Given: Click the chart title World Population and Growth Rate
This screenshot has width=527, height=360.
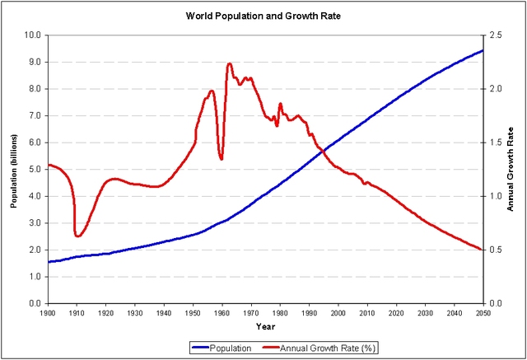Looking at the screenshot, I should [263, 16].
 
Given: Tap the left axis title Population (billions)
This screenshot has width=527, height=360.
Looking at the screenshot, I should [14, 169].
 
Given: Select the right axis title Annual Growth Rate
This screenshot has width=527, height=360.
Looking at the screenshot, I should [511, 169].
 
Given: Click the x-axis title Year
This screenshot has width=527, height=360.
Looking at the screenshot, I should [265, 327].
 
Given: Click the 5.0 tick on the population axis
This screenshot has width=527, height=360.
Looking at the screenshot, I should [34, 170].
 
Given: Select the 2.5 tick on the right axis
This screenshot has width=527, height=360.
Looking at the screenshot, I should [494, 35].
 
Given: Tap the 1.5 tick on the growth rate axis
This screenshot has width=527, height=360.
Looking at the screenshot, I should [494, 143].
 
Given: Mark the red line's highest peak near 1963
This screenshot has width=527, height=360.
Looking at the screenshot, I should [229, 63].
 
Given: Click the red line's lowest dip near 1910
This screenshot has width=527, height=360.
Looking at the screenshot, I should [77, 236].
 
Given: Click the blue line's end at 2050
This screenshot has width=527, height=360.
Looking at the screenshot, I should [483, 50].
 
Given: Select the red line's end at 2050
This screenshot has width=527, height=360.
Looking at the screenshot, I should [483, 249].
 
